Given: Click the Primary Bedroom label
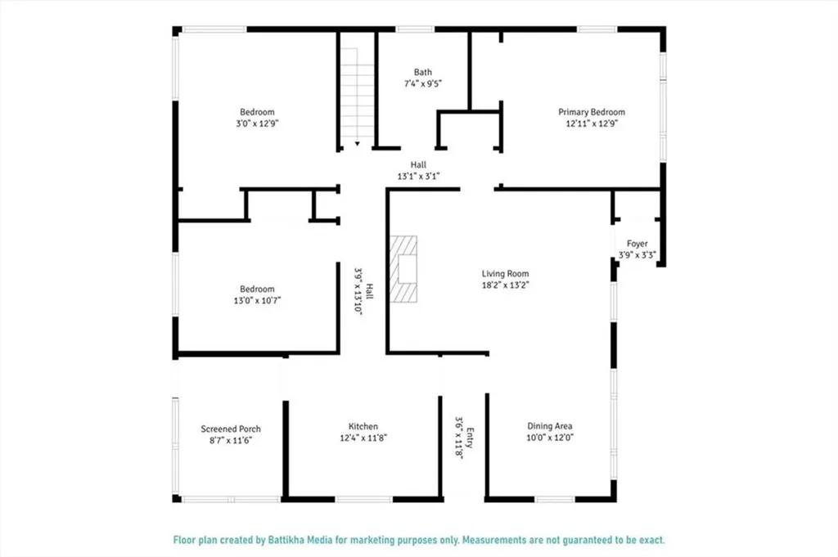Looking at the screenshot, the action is pos(592,112).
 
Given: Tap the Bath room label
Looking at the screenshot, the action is pos(423,72).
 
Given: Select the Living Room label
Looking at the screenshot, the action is pos(505,274).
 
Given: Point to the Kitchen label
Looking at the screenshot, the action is pos(363,426).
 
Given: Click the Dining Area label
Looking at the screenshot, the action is pos(550,426).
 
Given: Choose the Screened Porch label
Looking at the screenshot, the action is pos(231,429).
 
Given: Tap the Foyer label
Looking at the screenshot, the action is pos(637,244).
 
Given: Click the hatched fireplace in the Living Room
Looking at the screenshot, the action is pos(403,268).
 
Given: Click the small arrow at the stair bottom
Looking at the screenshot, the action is pos(357,144).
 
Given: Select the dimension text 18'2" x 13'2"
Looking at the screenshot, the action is pos(506,285).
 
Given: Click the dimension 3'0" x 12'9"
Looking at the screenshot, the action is pos(258,124).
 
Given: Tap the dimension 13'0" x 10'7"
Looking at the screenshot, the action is pos(257,301).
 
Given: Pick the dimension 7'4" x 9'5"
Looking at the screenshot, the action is pos(423,84).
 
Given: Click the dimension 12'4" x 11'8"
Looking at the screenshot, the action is pos(363,438).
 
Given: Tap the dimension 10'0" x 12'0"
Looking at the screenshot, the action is pos(550,438).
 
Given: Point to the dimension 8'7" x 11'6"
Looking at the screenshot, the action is pos(231,441).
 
